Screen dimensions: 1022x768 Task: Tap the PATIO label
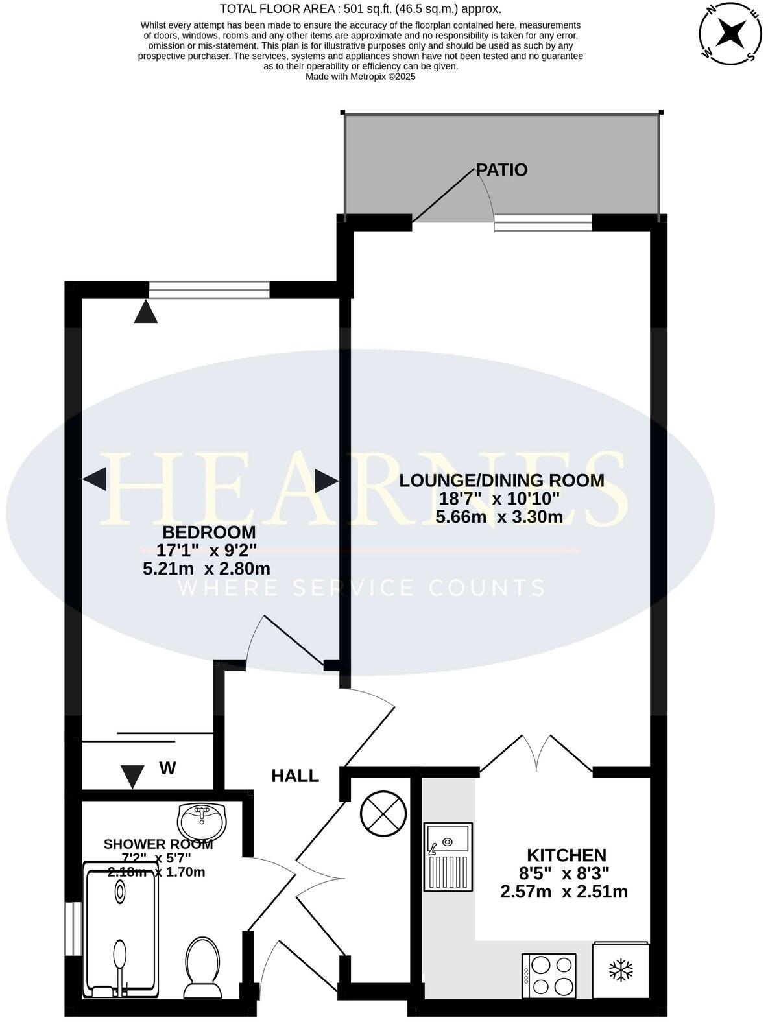pos(501,170)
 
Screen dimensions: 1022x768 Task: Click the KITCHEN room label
pos(566,855)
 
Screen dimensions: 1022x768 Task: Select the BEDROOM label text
pos(209,532)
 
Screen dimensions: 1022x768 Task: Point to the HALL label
pos(295,776)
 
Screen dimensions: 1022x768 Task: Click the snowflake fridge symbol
pos(621,971)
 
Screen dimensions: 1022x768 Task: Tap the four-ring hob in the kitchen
pos(549,975)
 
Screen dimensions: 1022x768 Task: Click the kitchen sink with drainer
pos(448,856)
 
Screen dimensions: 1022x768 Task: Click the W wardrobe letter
pos(167,768)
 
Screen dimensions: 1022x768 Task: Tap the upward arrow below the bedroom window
pos(145,313)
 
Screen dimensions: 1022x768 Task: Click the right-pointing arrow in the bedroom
pos(327,481)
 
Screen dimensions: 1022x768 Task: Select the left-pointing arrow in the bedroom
pos(95,480)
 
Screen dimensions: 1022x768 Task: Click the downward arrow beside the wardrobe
pos(133,776)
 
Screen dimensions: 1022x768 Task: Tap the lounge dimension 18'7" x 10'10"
pos(499,499)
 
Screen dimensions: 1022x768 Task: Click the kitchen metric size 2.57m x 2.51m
pos(564,892)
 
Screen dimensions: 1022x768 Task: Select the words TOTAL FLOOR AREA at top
pos(270,9)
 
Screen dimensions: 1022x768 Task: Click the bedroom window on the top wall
pos(208,290)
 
